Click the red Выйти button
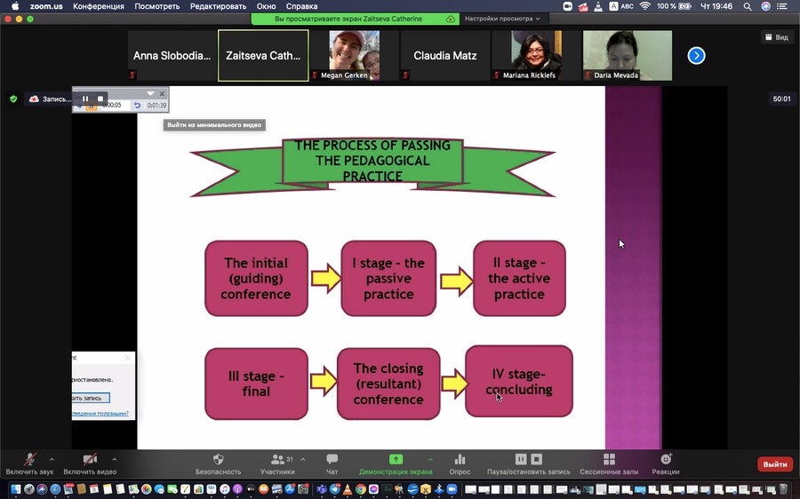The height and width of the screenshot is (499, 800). click(x=774, y=464)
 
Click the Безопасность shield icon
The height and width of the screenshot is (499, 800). click(x=218, y=460)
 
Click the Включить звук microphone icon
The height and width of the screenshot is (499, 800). click(x=29, y=460)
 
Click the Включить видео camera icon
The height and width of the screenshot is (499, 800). click(x=90, y=460)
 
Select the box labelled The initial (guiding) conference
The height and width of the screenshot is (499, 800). click(x=256, y=278)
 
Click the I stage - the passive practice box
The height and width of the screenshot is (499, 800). click(x=388, y=278)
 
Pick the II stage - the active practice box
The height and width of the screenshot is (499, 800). click(x=519, y=278)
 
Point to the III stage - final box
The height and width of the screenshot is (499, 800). click(x=256, y=384)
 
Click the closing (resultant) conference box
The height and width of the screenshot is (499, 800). click(x=388, y=384)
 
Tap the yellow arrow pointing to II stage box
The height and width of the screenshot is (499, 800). click(x=456, y=280)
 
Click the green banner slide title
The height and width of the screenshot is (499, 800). click(x=372, y=162)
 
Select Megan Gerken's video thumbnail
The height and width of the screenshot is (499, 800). click(x=354, y=56)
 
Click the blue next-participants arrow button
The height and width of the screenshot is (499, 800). click(x=697, y=56)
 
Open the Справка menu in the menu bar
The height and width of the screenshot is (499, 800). click(x=301, y=6)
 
